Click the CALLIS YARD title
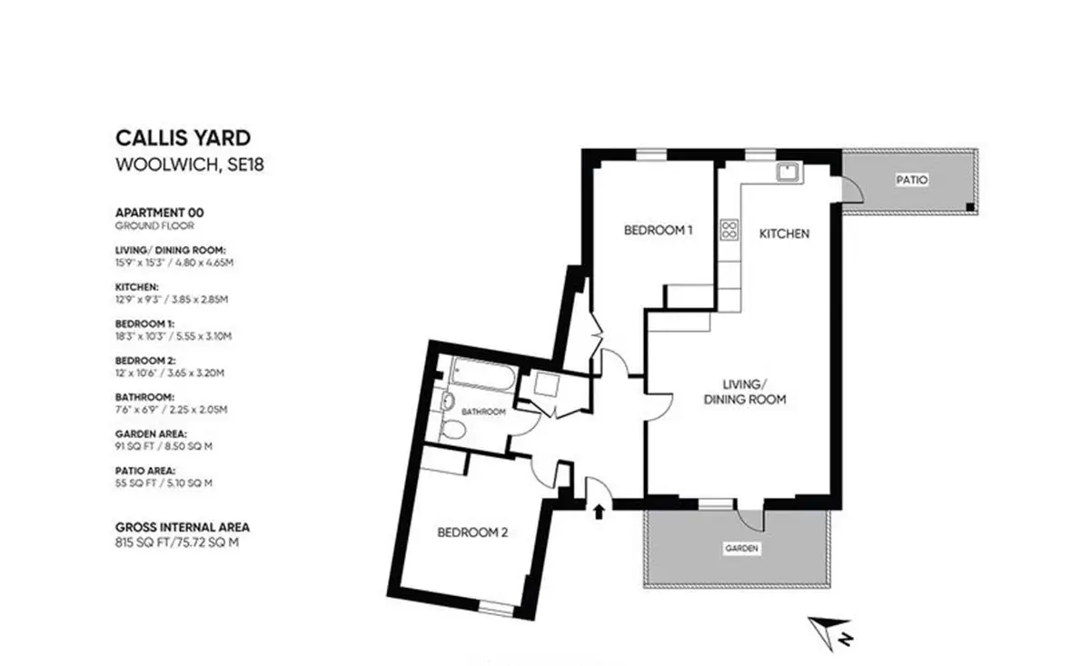[x=183, y=138]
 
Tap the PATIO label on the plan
[x=912, y=180]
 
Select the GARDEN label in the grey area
[x=741, y=549]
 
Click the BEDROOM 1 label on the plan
[x=658, y=230]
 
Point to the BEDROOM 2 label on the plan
[x=472, y=532]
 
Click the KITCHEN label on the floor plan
[x=785, y=234]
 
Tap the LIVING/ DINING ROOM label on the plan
[x=745, y=392]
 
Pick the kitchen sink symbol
[x=789, y=173]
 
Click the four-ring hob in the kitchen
[x=729, y=230]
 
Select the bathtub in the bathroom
[x=483, y=374]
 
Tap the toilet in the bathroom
[x=451, y=430]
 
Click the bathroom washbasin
[x=447, y=402]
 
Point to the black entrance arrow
[x=599, y=512]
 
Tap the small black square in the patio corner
[x=970, y=207]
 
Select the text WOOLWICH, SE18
[x=190, y=165]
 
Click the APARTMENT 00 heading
[x=160, y=213]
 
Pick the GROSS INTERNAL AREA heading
[x=183, y=527]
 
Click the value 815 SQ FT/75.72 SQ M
[x=177, y=542]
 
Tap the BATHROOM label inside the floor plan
[x=483, y=412]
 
